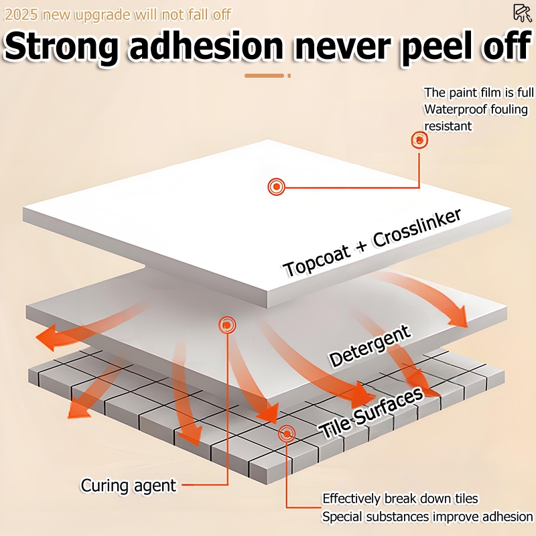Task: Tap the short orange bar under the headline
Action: click(x=264, y=76)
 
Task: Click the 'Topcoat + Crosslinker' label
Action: click(x=373, y=243)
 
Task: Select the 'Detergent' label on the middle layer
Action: click(x=370, y=347)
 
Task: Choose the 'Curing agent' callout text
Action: click(x=129, y=485)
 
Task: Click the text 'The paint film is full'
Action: click(x=478, y=92)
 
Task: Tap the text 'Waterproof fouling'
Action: click(x=476, y=109)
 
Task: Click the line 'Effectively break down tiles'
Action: click(x=410, y=498)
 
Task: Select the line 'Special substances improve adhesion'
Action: click(x=427, y=517)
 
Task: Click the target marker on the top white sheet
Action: click(x=275, y=186)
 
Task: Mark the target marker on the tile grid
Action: click(x=287, y=433)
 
